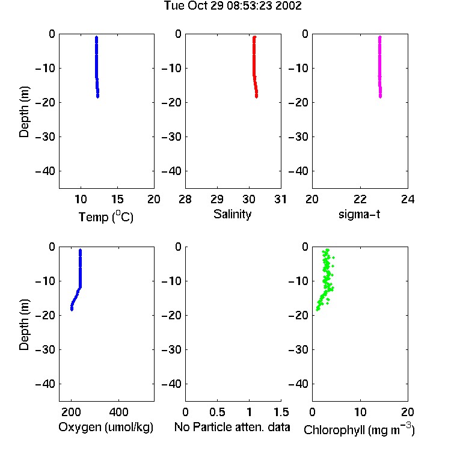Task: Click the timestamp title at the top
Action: [x=233, y=5]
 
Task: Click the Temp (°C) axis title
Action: [x=106, y=216]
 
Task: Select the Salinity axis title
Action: [x=232, y=214]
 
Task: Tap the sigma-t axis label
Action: [x=359, y=214]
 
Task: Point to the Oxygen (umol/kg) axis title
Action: [x=106, y=427]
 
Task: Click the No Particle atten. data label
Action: [x=232, y=427]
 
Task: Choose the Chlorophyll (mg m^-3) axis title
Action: [x=359, y=429]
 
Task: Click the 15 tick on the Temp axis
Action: [x=117, y=199]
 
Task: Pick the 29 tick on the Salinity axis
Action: [x=217, y=199]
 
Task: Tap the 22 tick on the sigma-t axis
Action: [x=360, y=199]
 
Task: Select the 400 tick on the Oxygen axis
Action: [x=119, y=412]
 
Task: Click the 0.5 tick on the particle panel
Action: [x=217, y=412]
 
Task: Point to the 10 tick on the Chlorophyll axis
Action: [x=360, y=412]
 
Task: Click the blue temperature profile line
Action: [x=97, y=67]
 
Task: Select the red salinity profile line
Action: [x=254, y=67]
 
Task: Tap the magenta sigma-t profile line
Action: [x=380, y=67]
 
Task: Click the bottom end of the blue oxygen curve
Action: [x=72, y=310]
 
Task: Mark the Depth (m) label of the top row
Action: [x=24, y=112]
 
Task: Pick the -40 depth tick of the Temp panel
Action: [x=45, y=171]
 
